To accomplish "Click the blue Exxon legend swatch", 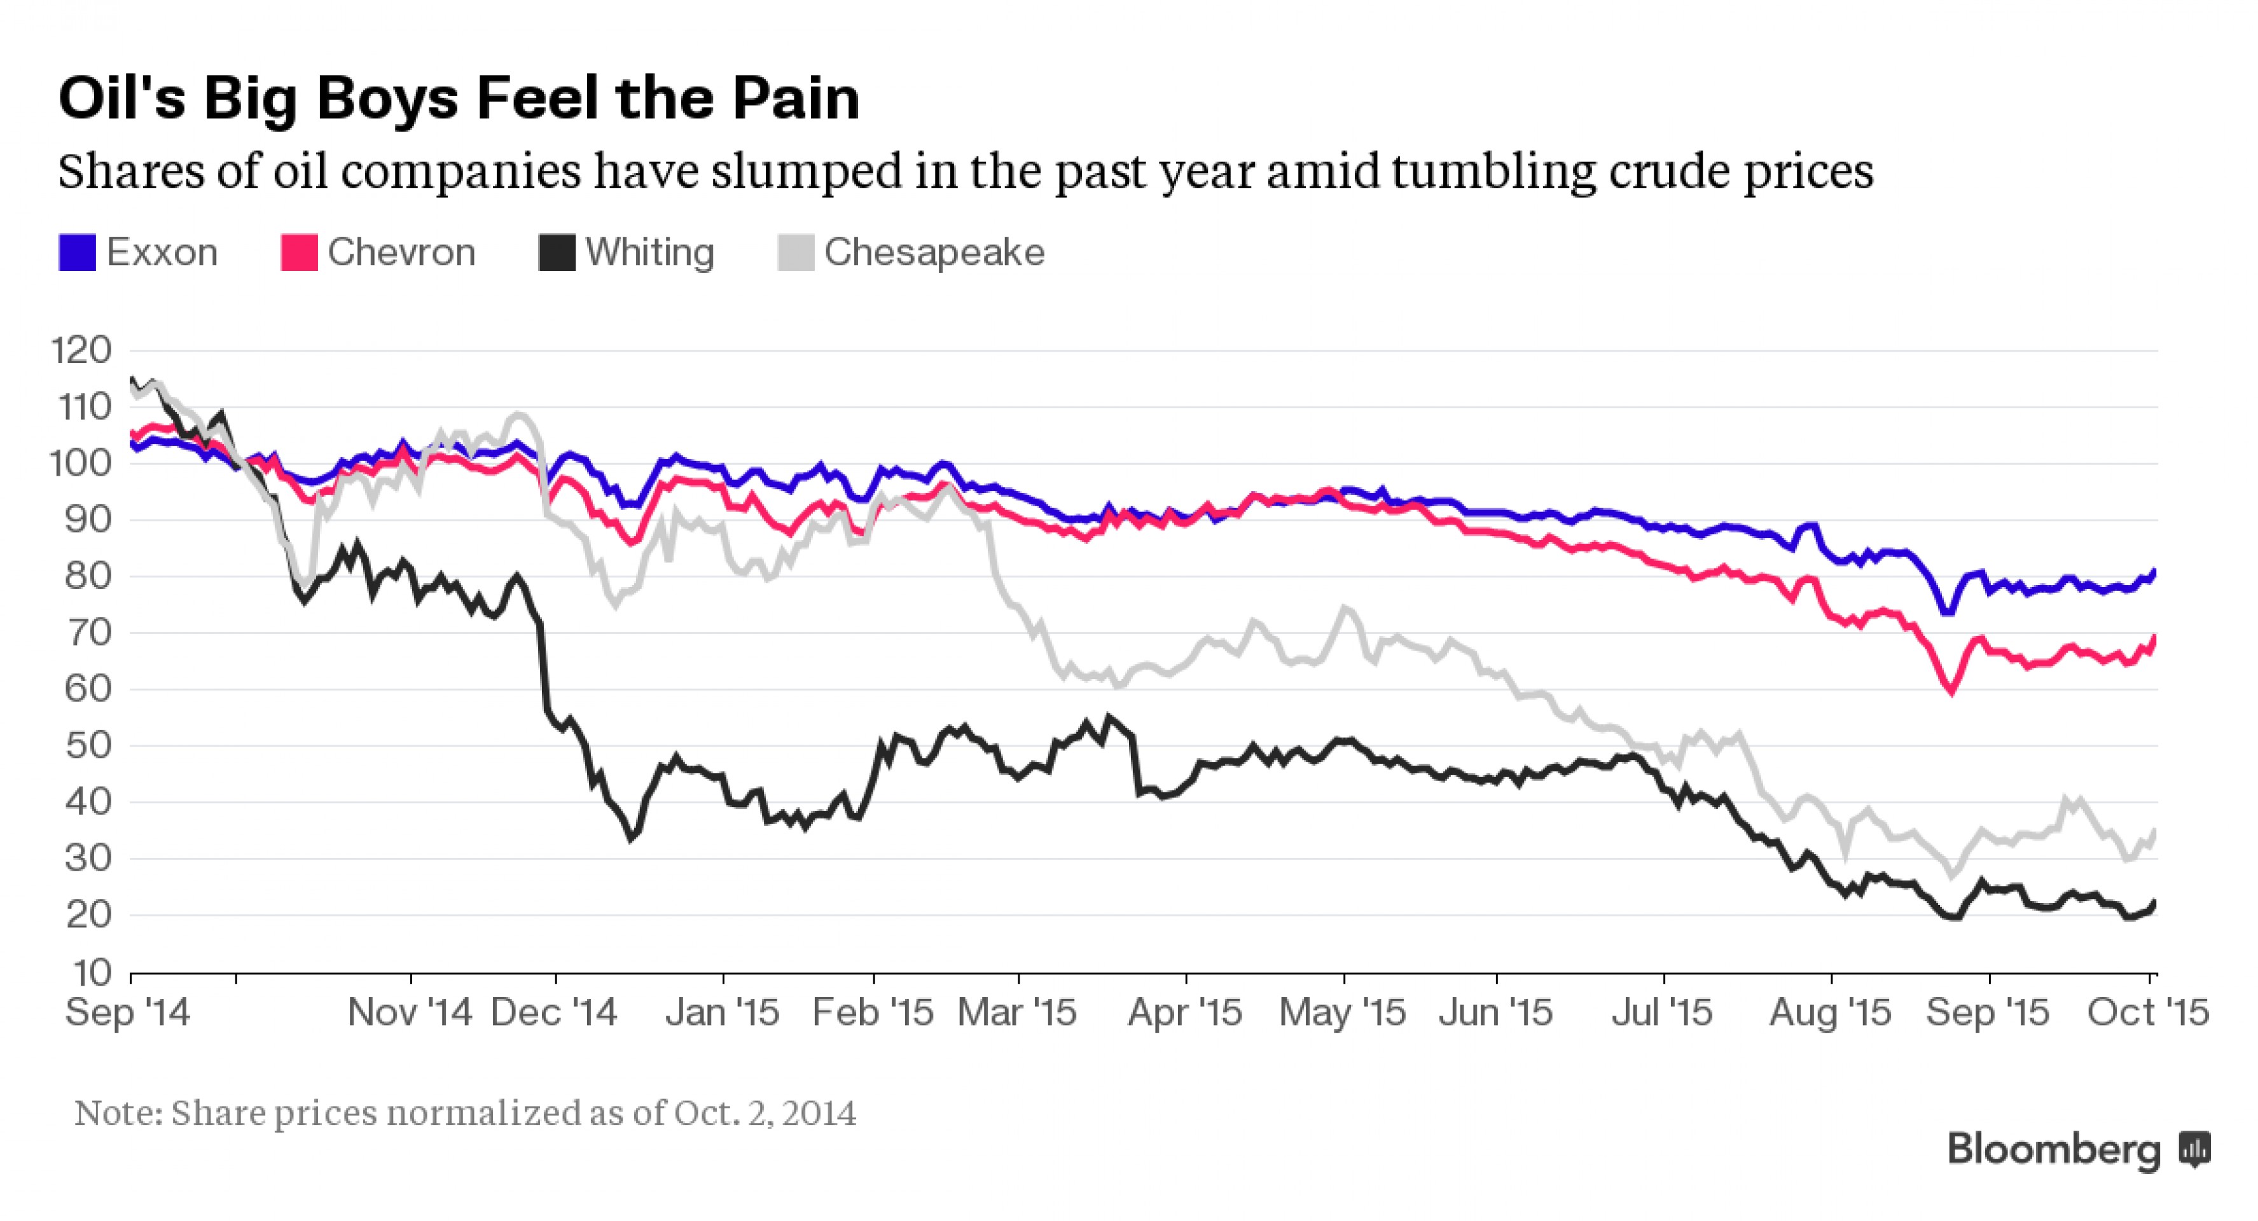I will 77,252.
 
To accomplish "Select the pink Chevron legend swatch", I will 299,252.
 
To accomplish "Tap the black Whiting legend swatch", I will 557,252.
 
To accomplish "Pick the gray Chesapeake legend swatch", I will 796,252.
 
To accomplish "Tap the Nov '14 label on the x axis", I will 410,1013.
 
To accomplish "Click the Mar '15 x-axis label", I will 1017,1013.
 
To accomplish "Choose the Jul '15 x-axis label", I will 1662,1013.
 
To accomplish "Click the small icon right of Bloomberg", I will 2195,1149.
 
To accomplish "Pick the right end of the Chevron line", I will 2154,637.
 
